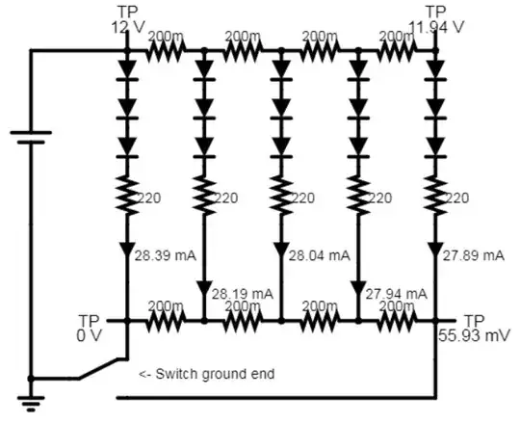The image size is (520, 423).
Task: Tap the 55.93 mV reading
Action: (x=472, y=334)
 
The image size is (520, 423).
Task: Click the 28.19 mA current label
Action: (x=242, y=292)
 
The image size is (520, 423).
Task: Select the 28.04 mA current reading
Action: (x=321, y=255)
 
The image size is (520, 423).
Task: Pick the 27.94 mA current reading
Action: (x=397, y=292)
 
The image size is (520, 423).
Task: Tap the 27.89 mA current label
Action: (x=473, y=255)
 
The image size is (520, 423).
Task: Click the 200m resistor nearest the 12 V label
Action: (x=166, y=50)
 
